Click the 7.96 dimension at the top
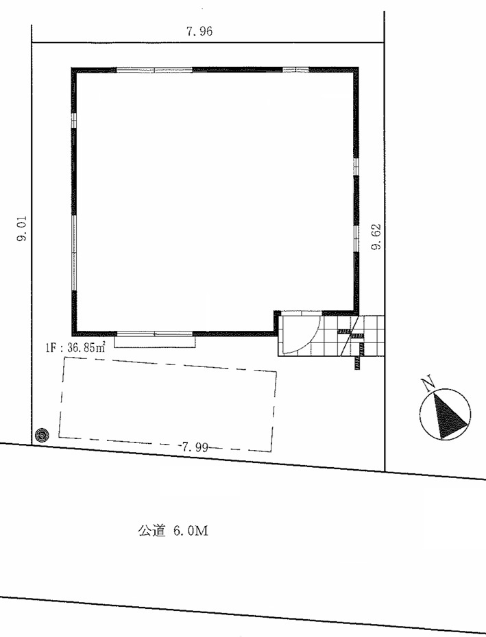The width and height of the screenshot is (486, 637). (199, 32)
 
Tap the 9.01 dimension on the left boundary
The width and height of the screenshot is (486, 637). (21, 228)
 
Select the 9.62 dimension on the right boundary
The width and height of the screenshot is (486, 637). (376, 236)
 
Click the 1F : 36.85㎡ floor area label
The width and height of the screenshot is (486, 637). (75, 348)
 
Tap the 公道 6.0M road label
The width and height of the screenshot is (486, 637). (173, 531)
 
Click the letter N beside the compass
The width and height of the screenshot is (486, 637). (428, 384)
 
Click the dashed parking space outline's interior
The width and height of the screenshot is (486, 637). (167, 404)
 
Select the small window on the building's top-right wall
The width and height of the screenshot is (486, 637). (295, 70)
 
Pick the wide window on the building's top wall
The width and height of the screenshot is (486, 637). (154, 70)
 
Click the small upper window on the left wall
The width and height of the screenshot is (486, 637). (74, 121)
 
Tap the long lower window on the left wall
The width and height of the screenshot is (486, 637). (74, 253)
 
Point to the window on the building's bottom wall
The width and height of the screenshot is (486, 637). (154, 334)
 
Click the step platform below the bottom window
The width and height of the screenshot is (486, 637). (154, 342)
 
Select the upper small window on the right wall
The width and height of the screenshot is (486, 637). (356, 166)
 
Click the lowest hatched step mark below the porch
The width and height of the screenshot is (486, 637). (359, 366)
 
